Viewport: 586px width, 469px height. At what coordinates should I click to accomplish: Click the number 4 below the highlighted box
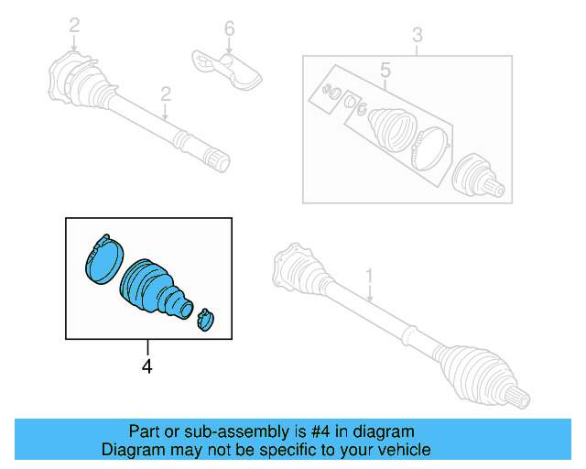pyautogui.click(x=146, y=366)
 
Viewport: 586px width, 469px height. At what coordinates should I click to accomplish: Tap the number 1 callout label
pyautogui.click(x=369, y=274)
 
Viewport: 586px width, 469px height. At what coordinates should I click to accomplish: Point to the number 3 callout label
pyautogui.click(x=417, y=36)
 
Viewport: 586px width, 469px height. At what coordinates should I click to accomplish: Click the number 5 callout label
pyautogui.click(x=385, y=70)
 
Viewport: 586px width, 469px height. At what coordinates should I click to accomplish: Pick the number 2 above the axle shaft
pyautogui.click(x=166, y=93)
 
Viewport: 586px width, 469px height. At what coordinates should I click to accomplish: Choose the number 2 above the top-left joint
pyautogui.click(x=74, y=25)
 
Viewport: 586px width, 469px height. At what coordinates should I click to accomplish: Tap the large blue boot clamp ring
pyautogui.click(x=102, y=257)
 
